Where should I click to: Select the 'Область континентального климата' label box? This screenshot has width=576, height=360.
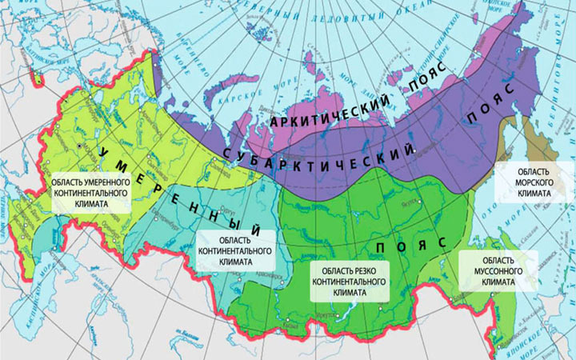234,250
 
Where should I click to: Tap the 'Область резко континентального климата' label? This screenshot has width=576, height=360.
352,282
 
